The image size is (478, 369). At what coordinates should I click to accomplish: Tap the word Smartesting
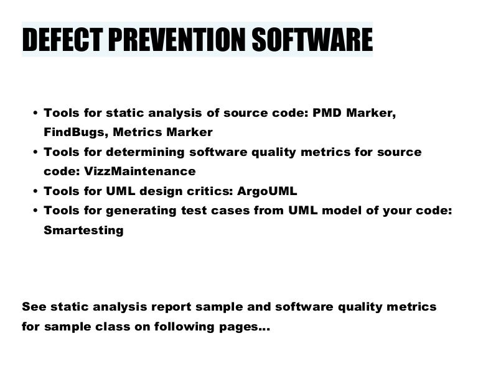[x=83, y=230]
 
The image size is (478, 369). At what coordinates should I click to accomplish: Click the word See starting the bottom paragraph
[x=34, y=307]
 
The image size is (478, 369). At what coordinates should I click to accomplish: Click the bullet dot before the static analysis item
[x=34, y=114]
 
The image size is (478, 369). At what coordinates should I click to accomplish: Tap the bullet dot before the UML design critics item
[x=34, y=191]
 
